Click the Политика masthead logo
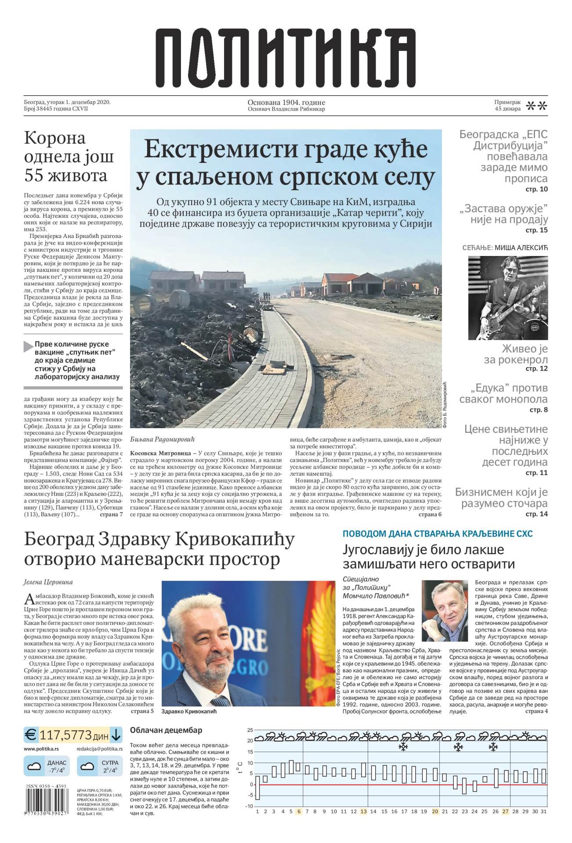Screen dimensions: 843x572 click(x=286, y=58)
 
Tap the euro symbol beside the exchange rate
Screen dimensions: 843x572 click(x=31, y=734)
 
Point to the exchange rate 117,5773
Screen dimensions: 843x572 click(x=65, y=735)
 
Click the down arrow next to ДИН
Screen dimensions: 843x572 click(x=116, y=734)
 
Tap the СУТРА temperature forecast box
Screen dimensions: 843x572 click(x=100, y=767)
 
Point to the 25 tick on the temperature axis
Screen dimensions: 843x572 click(x=250, y=730)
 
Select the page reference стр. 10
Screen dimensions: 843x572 click(x=536, y=189)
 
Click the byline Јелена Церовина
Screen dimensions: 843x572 click(x=48, y=582)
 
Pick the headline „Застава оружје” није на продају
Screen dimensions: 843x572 click(x=504, y=214)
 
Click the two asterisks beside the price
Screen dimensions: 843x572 click(x=536, y=106)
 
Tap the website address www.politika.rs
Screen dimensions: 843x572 click(x=41, y=749)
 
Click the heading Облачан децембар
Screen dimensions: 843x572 click(x=166, y=730)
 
